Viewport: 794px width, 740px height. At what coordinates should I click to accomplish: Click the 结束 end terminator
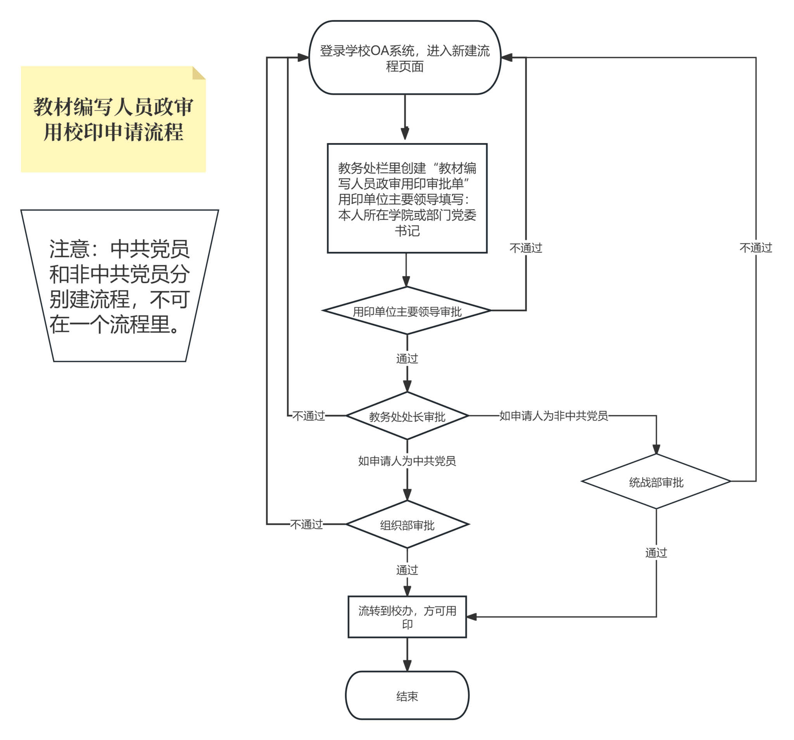tap(407, 695)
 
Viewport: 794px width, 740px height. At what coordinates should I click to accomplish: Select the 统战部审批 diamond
tap(656, 481)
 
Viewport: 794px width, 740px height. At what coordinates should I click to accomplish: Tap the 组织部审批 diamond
tap(407, 524)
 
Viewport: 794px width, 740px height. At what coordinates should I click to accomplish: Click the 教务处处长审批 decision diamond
tap(407, 416)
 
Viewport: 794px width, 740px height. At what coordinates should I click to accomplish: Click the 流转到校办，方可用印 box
tap(407, 617)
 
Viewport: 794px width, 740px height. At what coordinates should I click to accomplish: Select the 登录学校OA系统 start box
tap(405, 57)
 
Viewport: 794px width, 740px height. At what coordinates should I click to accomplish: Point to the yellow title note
tap(113, 119)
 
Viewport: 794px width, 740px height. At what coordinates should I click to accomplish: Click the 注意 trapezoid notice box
tap(119, 286)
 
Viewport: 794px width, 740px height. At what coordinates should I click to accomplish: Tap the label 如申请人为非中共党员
tap(554, 416)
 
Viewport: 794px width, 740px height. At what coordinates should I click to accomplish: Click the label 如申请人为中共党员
tap(407, 461)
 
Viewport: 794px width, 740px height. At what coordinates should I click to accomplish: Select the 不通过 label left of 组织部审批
tap(306, 524)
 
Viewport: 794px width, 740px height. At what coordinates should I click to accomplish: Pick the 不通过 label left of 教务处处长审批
tap(309, 416)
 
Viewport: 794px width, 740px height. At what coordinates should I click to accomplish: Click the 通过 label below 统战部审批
tap(656, 553)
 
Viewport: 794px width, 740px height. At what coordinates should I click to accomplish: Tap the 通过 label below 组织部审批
tap(407, 570)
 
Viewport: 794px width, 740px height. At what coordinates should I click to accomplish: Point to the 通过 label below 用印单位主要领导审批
tap(407, 359)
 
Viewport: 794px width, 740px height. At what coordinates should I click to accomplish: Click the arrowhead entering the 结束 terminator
tap(407, 666)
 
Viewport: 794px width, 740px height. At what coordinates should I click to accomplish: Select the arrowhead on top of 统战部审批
tap(656, 449)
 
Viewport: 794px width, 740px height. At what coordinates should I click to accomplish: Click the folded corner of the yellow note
tap(198, 73)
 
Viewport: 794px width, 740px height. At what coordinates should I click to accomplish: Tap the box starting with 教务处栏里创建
tap(407, 198)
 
